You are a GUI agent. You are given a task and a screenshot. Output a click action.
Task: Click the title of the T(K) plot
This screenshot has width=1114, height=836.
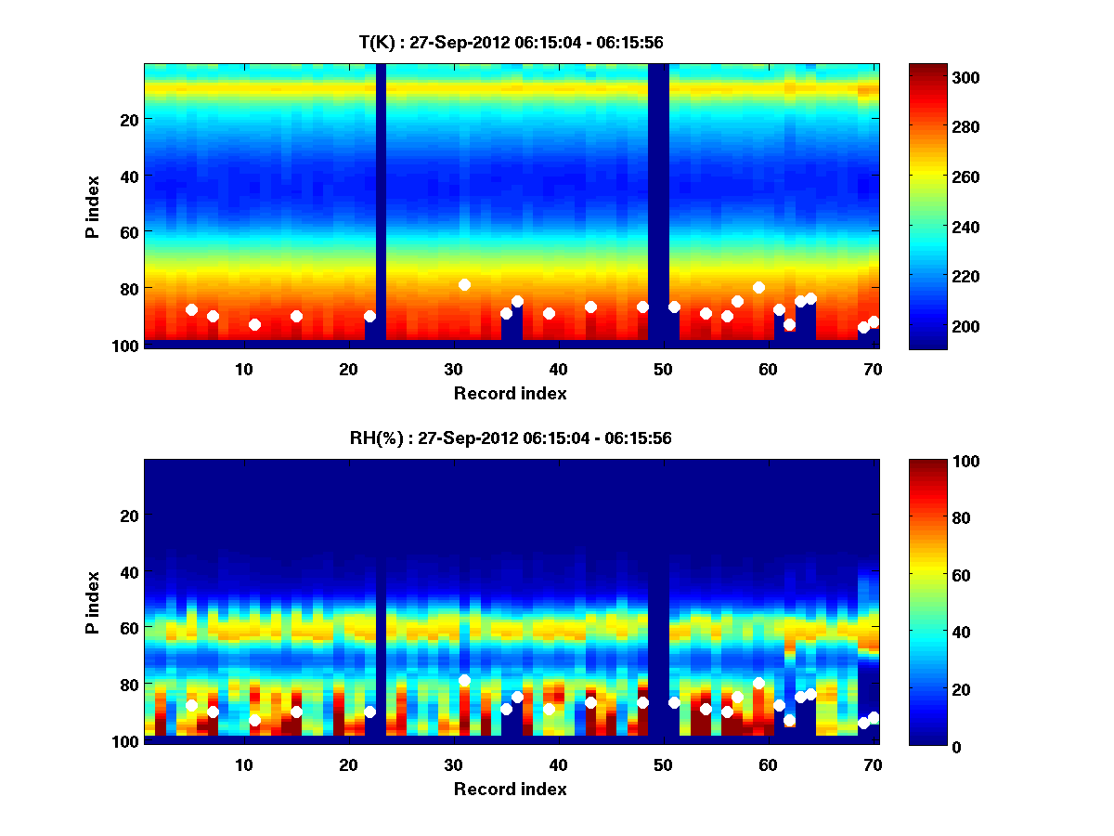point(511,42)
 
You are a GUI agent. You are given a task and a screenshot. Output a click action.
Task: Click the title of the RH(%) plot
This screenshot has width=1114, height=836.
point(511,438)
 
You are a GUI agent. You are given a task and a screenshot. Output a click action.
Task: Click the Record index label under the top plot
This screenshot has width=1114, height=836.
point(511,393)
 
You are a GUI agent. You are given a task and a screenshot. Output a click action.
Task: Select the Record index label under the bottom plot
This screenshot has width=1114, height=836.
point(511,789)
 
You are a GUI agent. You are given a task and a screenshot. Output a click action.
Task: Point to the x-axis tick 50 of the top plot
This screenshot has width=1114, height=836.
point(663,369)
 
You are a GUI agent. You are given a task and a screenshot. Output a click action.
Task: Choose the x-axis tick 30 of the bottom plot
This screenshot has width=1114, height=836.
point(453,764)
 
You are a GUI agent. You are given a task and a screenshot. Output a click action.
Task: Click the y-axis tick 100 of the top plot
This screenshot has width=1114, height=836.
point(127,346)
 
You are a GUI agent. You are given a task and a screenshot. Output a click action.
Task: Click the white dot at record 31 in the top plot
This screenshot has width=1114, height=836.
point(464,284)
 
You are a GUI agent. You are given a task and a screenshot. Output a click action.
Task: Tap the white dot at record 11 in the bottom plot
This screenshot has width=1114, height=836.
point(254,720)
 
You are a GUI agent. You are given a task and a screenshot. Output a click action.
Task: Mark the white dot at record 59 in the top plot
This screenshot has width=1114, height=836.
point(758,287)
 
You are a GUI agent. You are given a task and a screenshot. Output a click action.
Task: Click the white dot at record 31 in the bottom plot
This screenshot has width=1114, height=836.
point(464,680)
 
